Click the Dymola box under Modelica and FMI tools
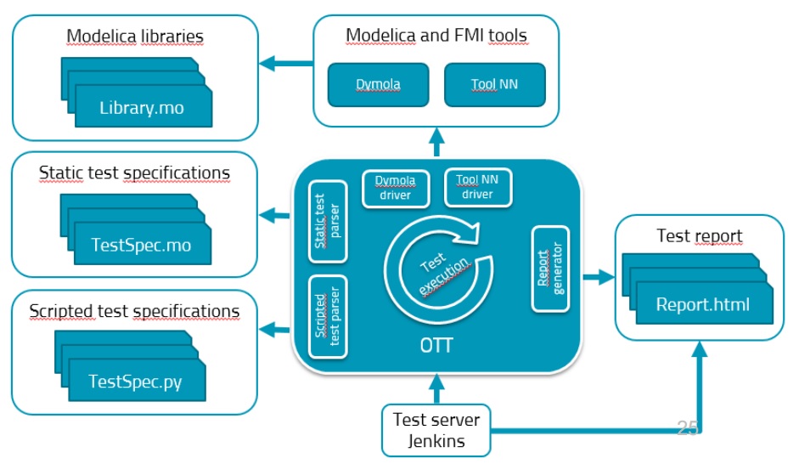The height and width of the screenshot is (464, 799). [x=377, y=85]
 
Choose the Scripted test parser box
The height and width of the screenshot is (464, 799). [x=329, y=316]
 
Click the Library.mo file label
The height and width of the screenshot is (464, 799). [x=142, y=109]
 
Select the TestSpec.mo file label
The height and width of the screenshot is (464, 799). [x=141, y=246]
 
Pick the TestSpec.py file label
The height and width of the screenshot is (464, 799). [x=136, y=382]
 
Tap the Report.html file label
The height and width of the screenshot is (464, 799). [x=702, y=304]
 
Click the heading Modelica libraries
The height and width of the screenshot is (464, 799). [x=135, y=37]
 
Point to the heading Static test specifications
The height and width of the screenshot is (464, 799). [x=134, y=173]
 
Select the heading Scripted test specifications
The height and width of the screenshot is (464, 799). [x=134, y=310]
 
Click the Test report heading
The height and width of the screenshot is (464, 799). [x=700, y=235]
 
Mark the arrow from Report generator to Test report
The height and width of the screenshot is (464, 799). [x=599, y=276]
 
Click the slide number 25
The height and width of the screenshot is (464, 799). [x=688, y=428]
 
